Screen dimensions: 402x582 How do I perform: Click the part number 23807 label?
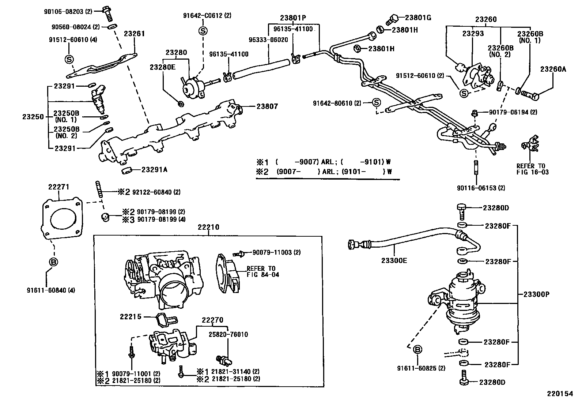(x=267, y=106)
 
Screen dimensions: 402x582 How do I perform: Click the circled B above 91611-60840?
(x=53, y=262)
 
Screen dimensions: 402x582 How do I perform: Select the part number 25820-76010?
(x=228, y=334)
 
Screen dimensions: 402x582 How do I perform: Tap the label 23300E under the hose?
(x=394, y=260)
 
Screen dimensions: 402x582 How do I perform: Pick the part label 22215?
(x=131, y=316)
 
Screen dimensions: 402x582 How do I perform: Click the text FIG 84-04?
(x=263, y=274)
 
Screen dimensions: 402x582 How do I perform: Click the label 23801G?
(x=418, y=17)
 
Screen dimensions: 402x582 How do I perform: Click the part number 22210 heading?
(x=208, y=227)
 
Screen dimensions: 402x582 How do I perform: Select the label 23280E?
(x=162, y=67)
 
